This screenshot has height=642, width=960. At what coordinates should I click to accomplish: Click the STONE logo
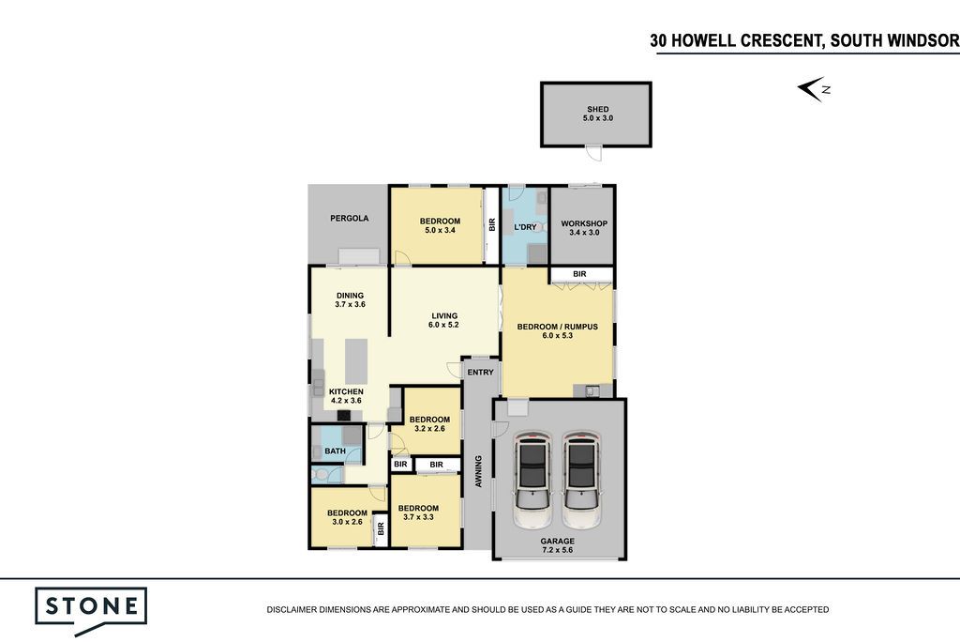(91, 611)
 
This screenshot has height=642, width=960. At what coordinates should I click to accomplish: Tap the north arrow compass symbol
(814, 89)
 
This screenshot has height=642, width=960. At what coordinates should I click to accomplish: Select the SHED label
(597, 109)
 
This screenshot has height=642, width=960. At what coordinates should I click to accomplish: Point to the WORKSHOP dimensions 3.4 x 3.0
(584, 233)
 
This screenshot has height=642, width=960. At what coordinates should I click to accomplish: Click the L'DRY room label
(525, 227)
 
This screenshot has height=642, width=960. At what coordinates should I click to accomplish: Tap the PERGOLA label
(349, 218)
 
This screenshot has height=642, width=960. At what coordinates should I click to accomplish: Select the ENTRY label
(480, 373)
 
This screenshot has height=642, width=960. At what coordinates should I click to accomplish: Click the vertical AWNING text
(478, 471)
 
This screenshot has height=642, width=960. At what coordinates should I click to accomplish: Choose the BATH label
(335, 451)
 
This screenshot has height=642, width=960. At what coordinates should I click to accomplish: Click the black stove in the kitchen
(344, 415)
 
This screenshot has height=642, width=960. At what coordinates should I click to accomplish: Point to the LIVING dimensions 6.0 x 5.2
(443, 325)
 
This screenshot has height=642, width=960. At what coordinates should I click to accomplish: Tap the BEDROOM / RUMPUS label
(557, 327)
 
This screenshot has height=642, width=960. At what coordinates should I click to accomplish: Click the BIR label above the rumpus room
(579, 274)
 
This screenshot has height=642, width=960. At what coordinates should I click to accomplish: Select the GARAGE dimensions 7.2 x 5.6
(557, 550)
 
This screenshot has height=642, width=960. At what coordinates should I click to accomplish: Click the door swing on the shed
(592, 153)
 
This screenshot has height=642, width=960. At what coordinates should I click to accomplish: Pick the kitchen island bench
(355, 360)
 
